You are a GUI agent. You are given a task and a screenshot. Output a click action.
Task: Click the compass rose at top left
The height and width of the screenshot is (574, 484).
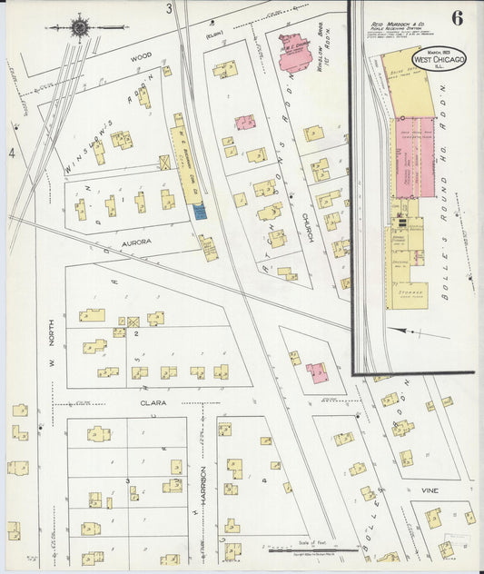tap(80, 28)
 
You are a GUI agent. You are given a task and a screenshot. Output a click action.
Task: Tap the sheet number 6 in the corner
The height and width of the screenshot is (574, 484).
tap(455, 17)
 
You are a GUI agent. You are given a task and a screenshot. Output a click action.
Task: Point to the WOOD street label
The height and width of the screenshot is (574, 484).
tap(140, 56)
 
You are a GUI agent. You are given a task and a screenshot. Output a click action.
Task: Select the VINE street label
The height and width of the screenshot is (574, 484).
tap(430, 490)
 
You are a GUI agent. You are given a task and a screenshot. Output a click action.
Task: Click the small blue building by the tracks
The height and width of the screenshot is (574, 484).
tap(200, 211)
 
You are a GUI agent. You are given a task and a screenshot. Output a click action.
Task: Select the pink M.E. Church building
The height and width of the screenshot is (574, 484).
tap(296, 53)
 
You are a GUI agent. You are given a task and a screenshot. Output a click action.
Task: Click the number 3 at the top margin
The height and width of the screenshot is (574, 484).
tap(169, 8)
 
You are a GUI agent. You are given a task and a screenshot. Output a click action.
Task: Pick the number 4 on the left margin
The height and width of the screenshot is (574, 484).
tap(12, 154)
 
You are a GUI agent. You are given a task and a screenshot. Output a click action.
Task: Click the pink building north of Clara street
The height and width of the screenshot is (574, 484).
tap(317, 372)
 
